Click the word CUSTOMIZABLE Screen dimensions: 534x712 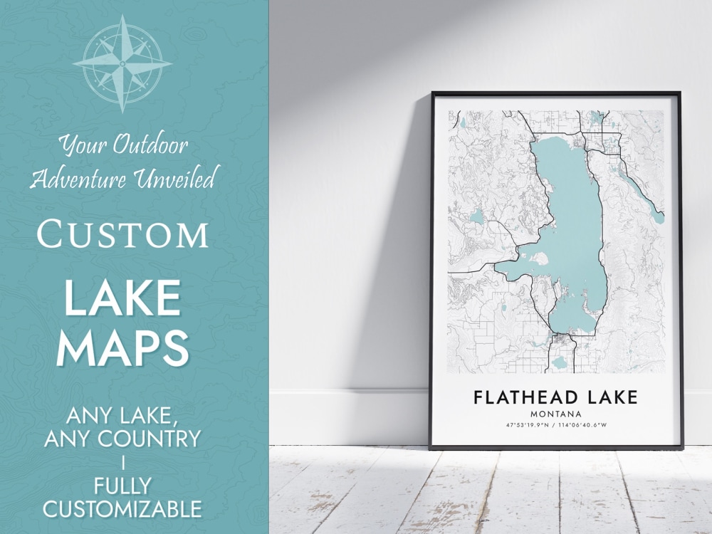tap(122, 510)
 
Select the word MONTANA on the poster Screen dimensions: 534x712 tap(555, 414)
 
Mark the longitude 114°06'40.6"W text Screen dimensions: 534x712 tap(584, 426)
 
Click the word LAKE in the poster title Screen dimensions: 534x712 tap(609, 397)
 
